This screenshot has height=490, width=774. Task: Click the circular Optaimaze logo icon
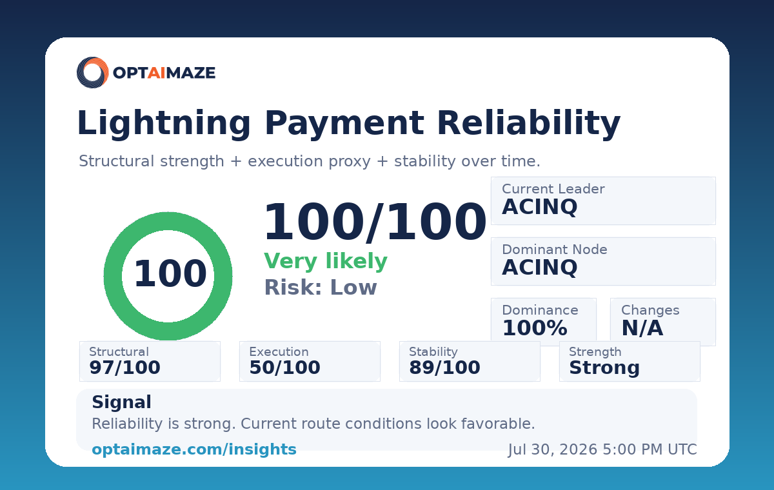(x=93, y=72)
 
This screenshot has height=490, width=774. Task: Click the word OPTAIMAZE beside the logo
(x=164, y=73)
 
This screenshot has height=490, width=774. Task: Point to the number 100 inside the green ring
(x=170, y=273)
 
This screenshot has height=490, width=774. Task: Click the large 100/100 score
(x=375, y=222)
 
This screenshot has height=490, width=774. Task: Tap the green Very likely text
(x=326, y=261)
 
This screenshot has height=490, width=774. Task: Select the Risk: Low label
(x=321, y=288)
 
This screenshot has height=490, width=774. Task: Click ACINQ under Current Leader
(x=539, y=207)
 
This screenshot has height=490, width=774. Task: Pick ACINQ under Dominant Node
(x=539, y=268)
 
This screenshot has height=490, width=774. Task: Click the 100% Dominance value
(x=535, y=328)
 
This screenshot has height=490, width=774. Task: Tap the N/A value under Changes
(x=642, y=328)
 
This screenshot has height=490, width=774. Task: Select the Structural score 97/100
(x=124, y=367)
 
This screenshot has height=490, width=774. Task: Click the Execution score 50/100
(x=284, y=367)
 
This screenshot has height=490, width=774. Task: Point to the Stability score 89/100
(x=444, y=367)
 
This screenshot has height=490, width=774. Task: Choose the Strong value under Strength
(x=604, y=367)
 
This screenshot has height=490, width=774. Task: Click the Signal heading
(x=122, y=402)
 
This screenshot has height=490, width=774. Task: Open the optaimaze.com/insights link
(x=194, y=449)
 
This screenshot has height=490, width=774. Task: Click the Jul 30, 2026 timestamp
(x=602, y=449)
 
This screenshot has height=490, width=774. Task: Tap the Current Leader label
(x=553, y=189)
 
